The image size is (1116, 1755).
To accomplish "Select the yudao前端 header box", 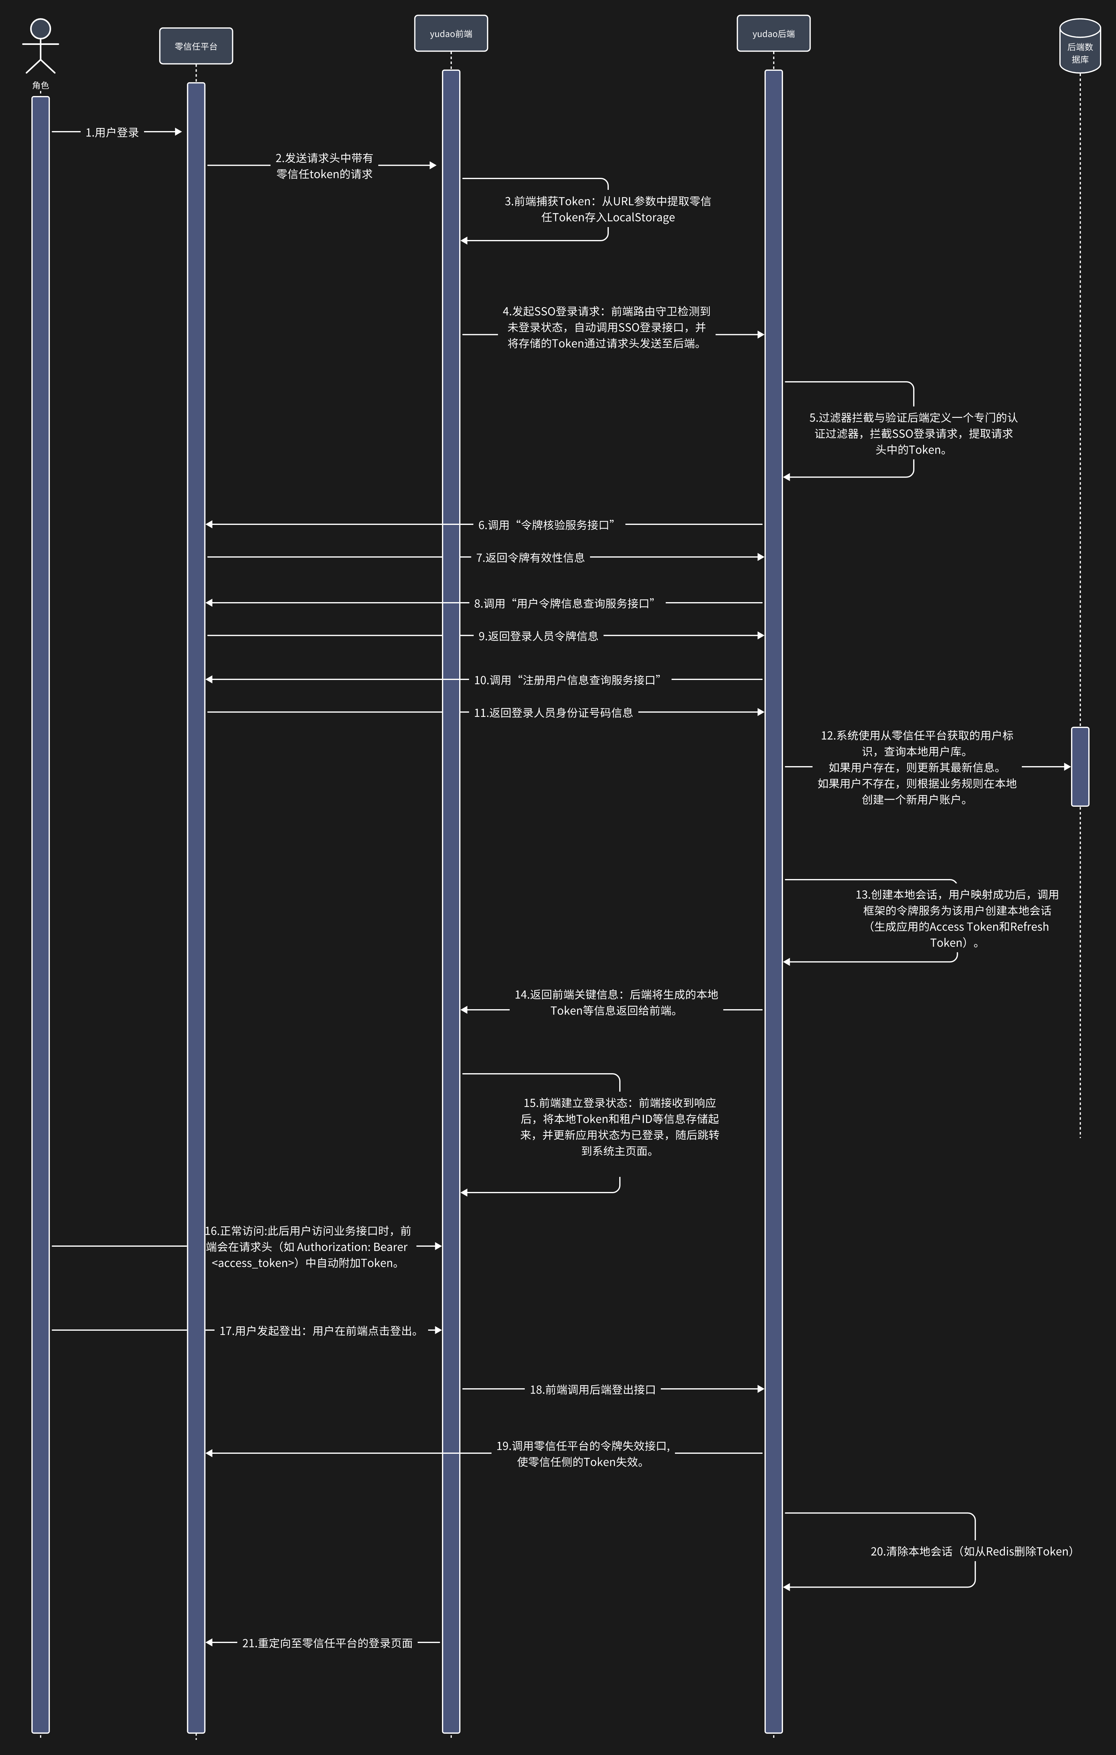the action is click(x=451, y=34).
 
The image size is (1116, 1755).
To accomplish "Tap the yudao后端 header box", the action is click(x=773, y=34).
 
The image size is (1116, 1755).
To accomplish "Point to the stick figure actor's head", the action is click(x=41, y=28).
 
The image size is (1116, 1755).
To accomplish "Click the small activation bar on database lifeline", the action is click(x=1080, y=767).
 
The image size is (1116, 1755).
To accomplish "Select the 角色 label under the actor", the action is click(x=41, y=85).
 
